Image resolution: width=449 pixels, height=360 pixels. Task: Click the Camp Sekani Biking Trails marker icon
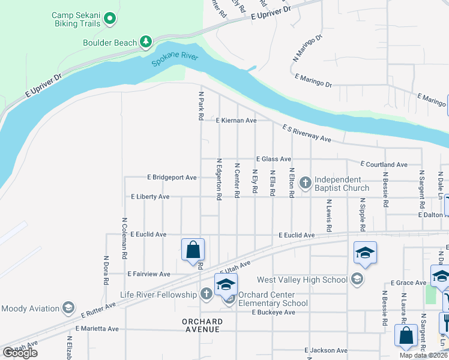[x=109, y=19]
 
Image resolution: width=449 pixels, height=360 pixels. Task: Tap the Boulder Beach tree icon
[x=145, y=41]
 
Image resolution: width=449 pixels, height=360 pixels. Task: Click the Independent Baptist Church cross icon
[x=305, y=182]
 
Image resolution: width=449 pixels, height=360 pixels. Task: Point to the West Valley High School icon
[x=357, y=279]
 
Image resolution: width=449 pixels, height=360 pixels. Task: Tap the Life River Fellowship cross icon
[x=206, y=294]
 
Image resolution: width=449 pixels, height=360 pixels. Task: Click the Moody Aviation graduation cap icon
[x=68, y=308]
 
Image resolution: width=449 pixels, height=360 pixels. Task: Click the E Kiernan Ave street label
[x=237, y=121]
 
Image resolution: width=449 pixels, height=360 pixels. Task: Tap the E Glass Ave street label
[x=273, y=159]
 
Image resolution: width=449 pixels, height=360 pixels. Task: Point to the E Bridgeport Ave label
[x=172, y=178]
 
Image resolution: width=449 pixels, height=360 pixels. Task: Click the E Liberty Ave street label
[x=150, y=197]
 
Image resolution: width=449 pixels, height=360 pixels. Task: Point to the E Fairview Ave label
[x=149, y=274]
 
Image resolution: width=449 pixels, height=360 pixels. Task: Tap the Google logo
[x=20, y=353]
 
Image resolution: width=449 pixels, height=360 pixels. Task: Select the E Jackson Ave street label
[x=326, y=350]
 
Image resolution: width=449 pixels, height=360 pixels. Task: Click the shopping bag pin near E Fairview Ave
[x=193, y=250]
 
